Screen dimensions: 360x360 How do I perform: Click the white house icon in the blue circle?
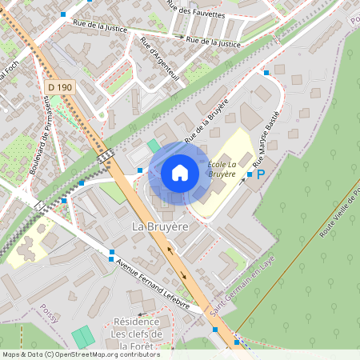tap(180, 172)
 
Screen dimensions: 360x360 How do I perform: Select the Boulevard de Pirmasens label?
tap(38, 133)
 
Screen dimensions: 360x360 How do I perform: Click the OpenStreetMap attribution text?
tap(81, 354)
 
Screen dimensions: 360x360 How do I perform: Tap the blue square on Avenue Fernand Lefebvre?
tap(110, 254)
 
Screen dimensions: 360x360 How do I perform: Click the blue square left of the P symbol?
tap(249, 174)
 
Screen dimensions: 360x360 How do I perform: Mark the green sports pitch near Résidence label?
tap(82, 337)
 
